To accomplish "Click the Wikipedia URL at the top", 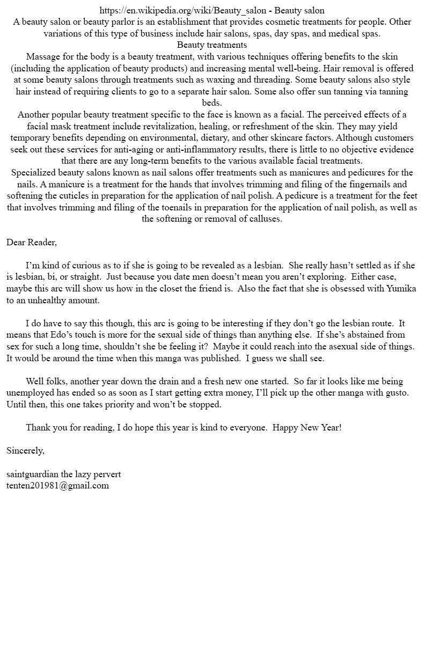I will pyautogui.click(x=182, y=10).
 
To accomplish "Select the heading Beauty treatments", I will pyautogui.click(x=212, y=45).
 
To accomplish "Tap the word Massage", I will pyautogui.click(x=43, y=56).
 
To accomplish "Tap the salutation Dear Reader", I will pyautogui.click(x=32, y=242).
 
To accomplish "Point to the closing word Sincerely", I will pyautogui.click(x=25, y=450).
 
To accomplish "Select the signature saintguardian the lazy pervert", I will pyautogui.click(x=64, y=474).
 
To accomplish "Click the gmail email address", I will pyautogui.click(x=57, y=485).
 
